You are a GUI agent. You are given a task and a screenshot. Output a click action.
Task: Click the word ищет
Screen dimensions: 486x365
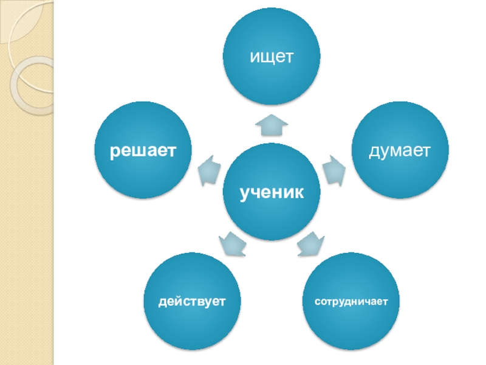[x=272, y=57]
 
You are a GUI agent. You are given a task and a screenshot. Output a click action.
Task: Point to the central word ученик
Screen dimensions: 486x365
[x=272, y=193]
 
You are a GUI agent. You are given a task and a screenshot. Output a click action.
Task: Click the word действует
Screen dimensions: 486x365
[x=192, y=301]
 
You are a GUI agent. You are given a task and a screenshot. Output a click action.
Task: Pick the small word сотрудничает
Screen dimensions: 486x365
[x=351, y=301]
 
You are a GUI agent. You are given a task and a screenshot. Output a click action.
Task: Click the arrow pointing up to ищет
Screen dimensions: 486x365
[x=272, y=125]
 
